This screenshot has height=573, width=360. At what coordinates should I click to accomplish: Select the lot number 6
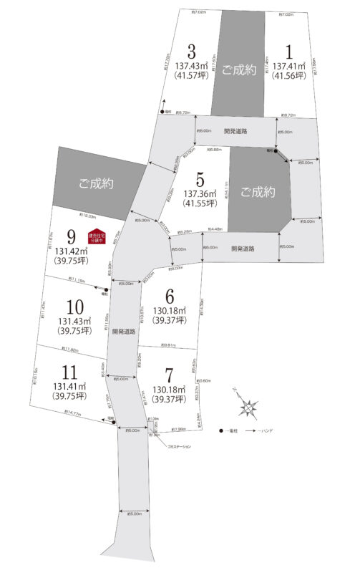tap(170, 296)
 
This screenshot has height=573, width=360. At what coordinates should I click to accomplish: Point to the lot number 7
tap(170, 376)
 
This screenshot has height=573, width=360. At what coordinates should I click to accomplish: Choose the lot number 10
tap(70, 306)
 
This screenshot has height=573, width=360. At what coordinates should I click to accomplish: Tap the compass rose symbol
tap(247, 407)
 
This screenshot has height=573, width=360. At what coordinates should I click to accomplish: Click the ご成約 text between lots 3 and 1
tap(238, 69)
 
